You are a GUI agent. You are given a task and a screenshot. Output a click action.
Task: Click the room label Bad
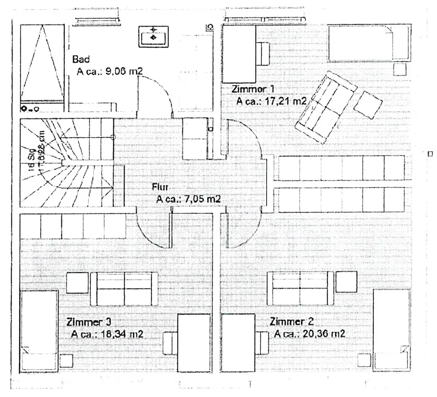pyautogui.click(x=81, y=59)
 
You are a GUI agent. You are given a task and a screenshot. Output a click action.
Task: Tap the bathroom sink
pyautogui.click(x=154, y=36)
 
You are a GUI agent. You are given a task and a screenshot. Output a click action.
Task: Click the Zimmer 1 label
pyautogui.click(x=254, y=89)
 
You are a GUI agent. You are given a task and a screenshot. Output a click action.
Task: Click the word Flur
pyautogui.click(x=160, y=187)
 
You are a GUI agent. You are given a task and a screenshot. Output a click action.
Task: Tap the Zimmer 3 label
pyautogui.click(x=89, y=322)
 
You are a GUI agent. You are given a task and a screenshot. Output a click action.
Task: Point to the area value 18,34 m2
pyautogui.click(x=122, y=334)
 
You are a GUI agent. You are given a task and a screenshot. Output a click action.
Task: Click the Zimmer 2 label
pyautogui.click(x=292, y=322)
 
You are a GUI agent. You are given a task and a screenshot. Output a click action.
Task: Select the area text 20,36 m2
pyautogui.click(x=323, y=334)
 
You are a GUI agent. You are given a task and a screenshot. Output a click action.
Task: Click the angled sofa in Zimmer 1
pyautogui.click(x=325, y=108)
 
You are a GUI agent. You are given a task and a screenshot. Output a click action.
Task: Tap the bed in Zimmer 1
pyautogui.click(x=369, y=43)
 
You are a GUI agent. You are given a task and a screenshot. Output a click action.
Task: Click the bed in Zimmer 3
pyautogui.click(x=39, y=330)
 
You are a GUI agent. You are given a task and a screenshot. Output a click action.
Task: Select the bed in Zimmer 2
pyautogui.click(x=392, y=330)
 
